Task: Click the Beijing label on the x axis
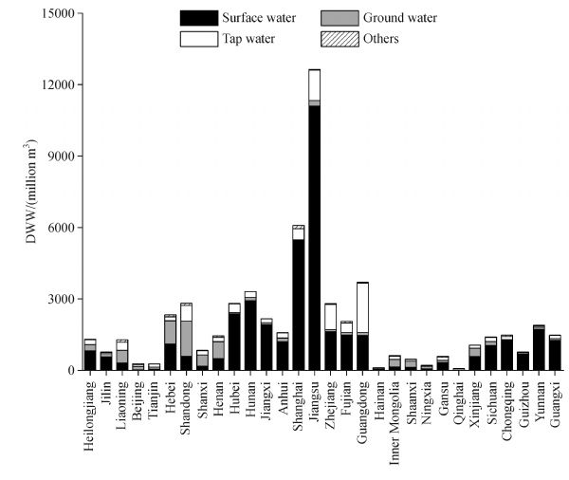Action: (x=138, y=398)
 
